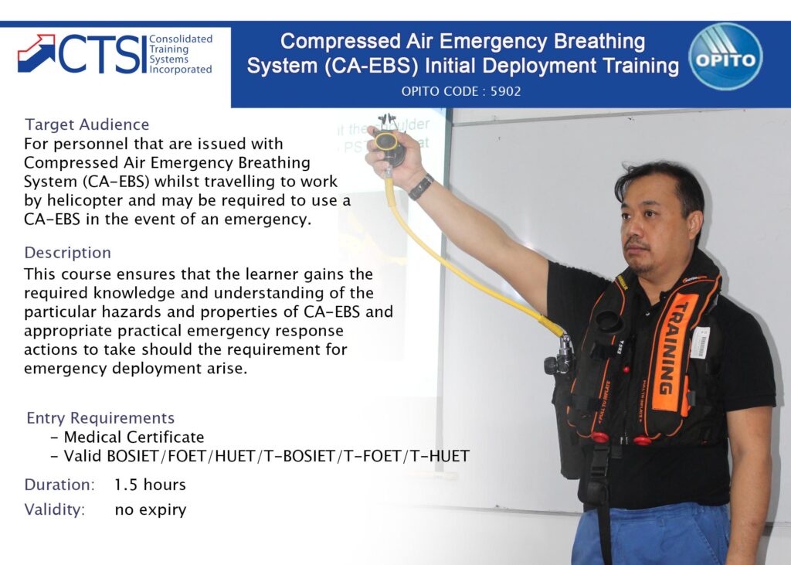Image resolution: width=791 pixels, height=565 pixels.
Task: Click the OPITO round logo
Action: [725, 56]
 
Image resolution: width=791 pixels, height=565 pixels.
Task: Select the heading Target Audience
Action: [87, 124]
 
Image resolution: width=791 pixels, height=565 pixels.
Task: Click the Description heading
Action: [68, 253]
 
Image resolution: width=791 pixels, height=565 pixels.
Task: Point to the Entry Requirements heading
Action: [100, 418]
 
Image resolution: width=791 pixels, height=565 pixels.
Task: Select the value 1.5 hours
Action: [150, 485]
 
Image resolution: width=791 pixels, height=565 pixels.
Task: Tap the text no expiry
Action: [150, 509]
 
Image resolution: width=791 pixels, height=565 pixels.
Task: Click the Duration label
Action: [59, 485]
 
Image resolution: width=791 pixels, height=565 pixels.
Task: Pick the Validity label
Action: [55, 509]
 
